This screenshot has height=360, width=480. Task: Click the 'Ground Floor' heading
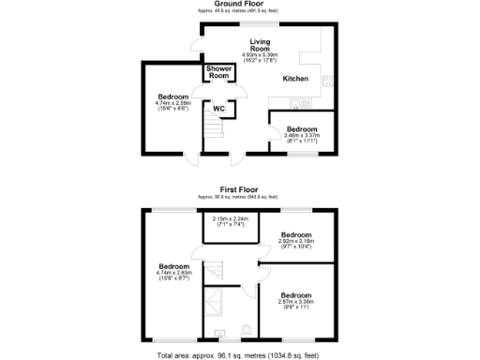tap(239, 4)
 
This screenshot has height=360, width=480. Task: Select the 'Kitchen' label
tap(295, 79)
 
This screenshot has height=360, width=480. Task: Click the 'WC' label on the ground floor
tap(219, 109)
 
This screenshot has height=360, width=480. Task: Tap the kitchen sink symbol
tap(297, 103)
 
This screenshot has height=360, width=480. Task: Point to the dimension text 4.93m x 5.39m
tap(262, 55)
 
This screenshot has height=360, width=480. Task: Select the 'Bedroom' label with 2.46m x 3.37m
tap(302, 129)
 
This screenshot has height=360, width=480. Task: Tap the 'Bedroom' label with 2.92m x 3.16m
tap(296, 234)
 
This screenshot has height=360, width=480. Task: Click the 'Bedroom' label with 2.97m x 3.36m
tap(296, 295)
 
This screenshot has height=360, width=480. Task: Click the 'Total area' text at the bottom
tap(239, 354)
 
